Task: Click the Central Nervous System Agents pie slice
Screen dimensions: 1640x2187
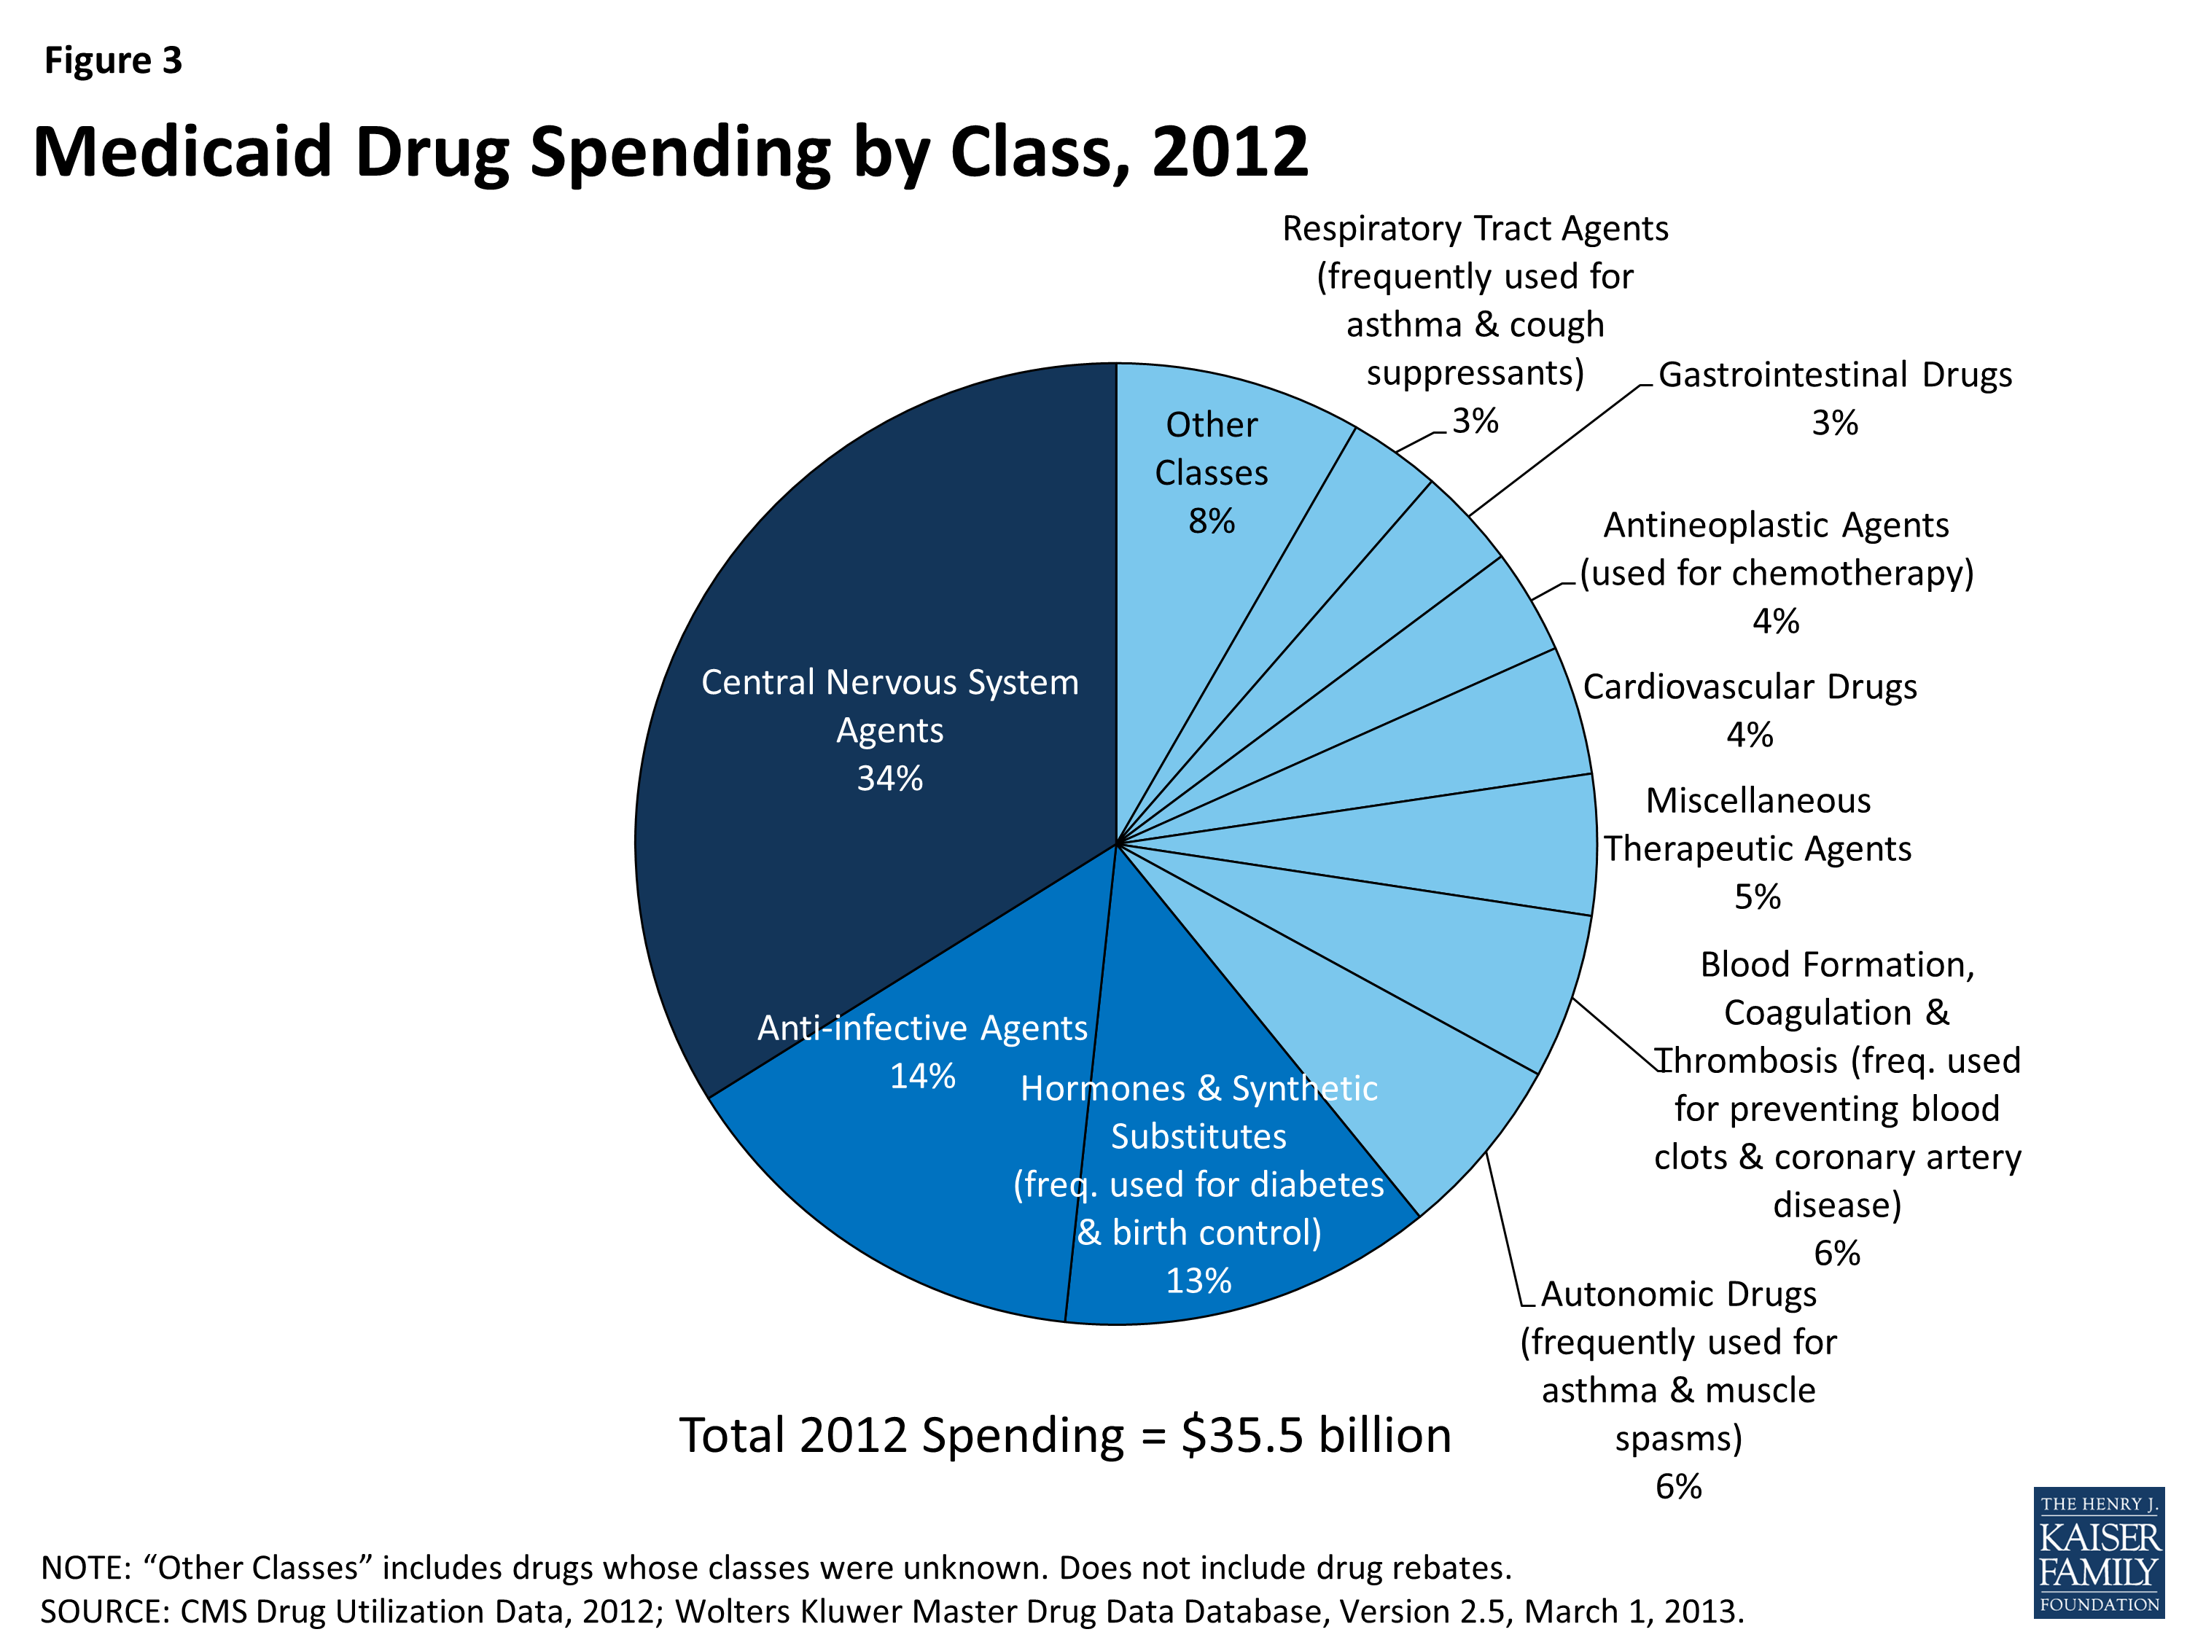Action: (870, 593)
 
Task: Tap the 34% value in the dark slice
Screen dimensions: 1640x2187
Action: (890, 779)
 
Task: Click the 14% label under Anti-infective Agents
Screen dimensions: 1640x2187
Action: (922, 1077)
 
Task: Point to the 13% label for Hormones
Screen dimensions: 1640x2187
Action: (1198, 1281)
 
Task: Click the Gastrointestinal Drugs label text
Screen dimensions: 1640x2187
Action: (1835, 375)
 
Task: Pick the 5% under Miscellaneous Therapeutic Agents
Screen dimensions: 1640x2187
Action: (1758, 897)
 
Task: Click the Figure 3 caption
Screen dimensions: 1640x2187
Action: (113, 61)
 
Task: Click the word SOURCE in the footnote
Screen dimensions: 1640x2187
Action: (104, 1612)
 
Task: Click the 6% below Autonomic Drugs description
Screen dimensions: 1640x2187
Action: (1679, 1488)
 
